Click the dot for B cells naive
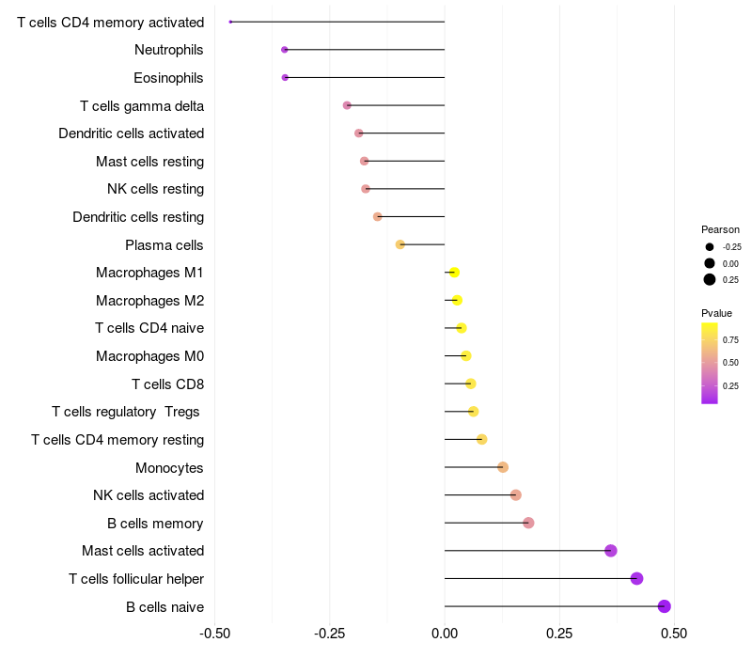665,606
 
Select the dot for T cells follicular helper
636,578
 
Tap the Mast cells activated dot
611,551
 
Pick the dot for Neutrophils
285,49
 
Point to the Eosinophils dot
285,77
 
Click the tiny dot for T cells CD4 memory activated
230,22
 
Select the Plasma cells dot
400,244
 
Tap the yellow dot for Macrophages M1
454,273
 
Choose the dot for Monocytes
503,467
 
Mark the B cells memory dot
528,523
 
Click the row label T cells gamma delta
142,105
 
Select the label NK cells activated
149,495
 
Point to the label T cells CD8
167,384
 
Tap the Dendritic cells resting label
138,217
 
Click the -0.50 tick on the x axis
215,634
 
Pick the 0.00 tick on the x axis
445,634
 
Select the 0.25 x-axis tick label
559,634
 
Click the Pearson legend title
720,229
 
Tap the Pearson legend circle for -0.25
710,246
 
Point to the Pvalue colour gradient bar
710,363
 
